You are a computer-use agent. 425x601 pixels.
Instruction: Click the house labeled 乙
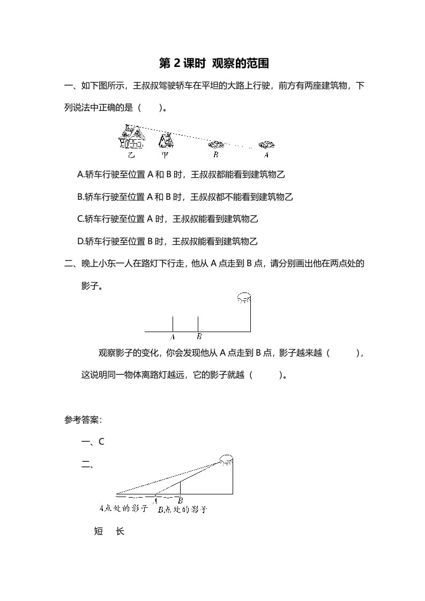[131, 137]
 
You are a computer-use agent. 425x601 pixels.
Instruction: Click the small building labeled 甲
[166, 140]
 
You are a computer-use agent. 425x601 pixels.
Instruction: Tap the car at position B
[215, 145]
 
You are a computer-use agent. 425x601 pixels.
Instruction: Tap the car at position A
[266, 145]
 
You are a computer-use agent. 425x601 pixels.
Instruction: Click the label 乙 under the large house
[131, 155]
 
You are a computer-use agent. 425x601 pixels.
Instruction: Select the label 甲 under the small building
[165, 155]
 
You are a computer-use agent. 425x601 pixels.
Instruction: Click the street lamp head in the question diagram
[244, 298]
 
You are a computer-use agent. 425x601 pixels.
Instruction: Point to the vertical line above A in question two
[173, 324]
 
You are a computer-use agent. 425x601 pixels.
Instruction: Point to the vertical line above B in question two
[198, 324]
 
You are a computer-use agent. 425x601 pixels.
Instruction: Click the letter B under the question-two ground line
[199, 337]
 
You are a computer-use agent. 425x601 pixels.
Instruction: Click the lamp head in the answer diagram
[226, 459]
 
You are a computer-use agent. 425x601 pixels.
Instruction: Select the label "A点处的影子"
[124, 508]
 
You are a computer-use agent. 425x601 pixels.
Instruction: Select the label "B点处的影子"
[183, 509]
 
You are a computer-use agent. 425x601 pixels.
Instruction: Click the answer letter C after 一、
[101, 442]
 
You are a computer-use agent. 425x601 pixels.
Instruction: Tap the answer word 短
[99, 531]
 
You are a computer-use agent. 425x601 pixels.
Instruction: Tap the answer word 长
[120, 531]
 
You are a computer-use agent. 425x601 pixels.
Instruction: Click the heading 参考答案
[83, 420]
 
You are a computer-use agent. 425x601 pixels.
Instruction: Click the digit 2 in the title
[178, 64]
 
